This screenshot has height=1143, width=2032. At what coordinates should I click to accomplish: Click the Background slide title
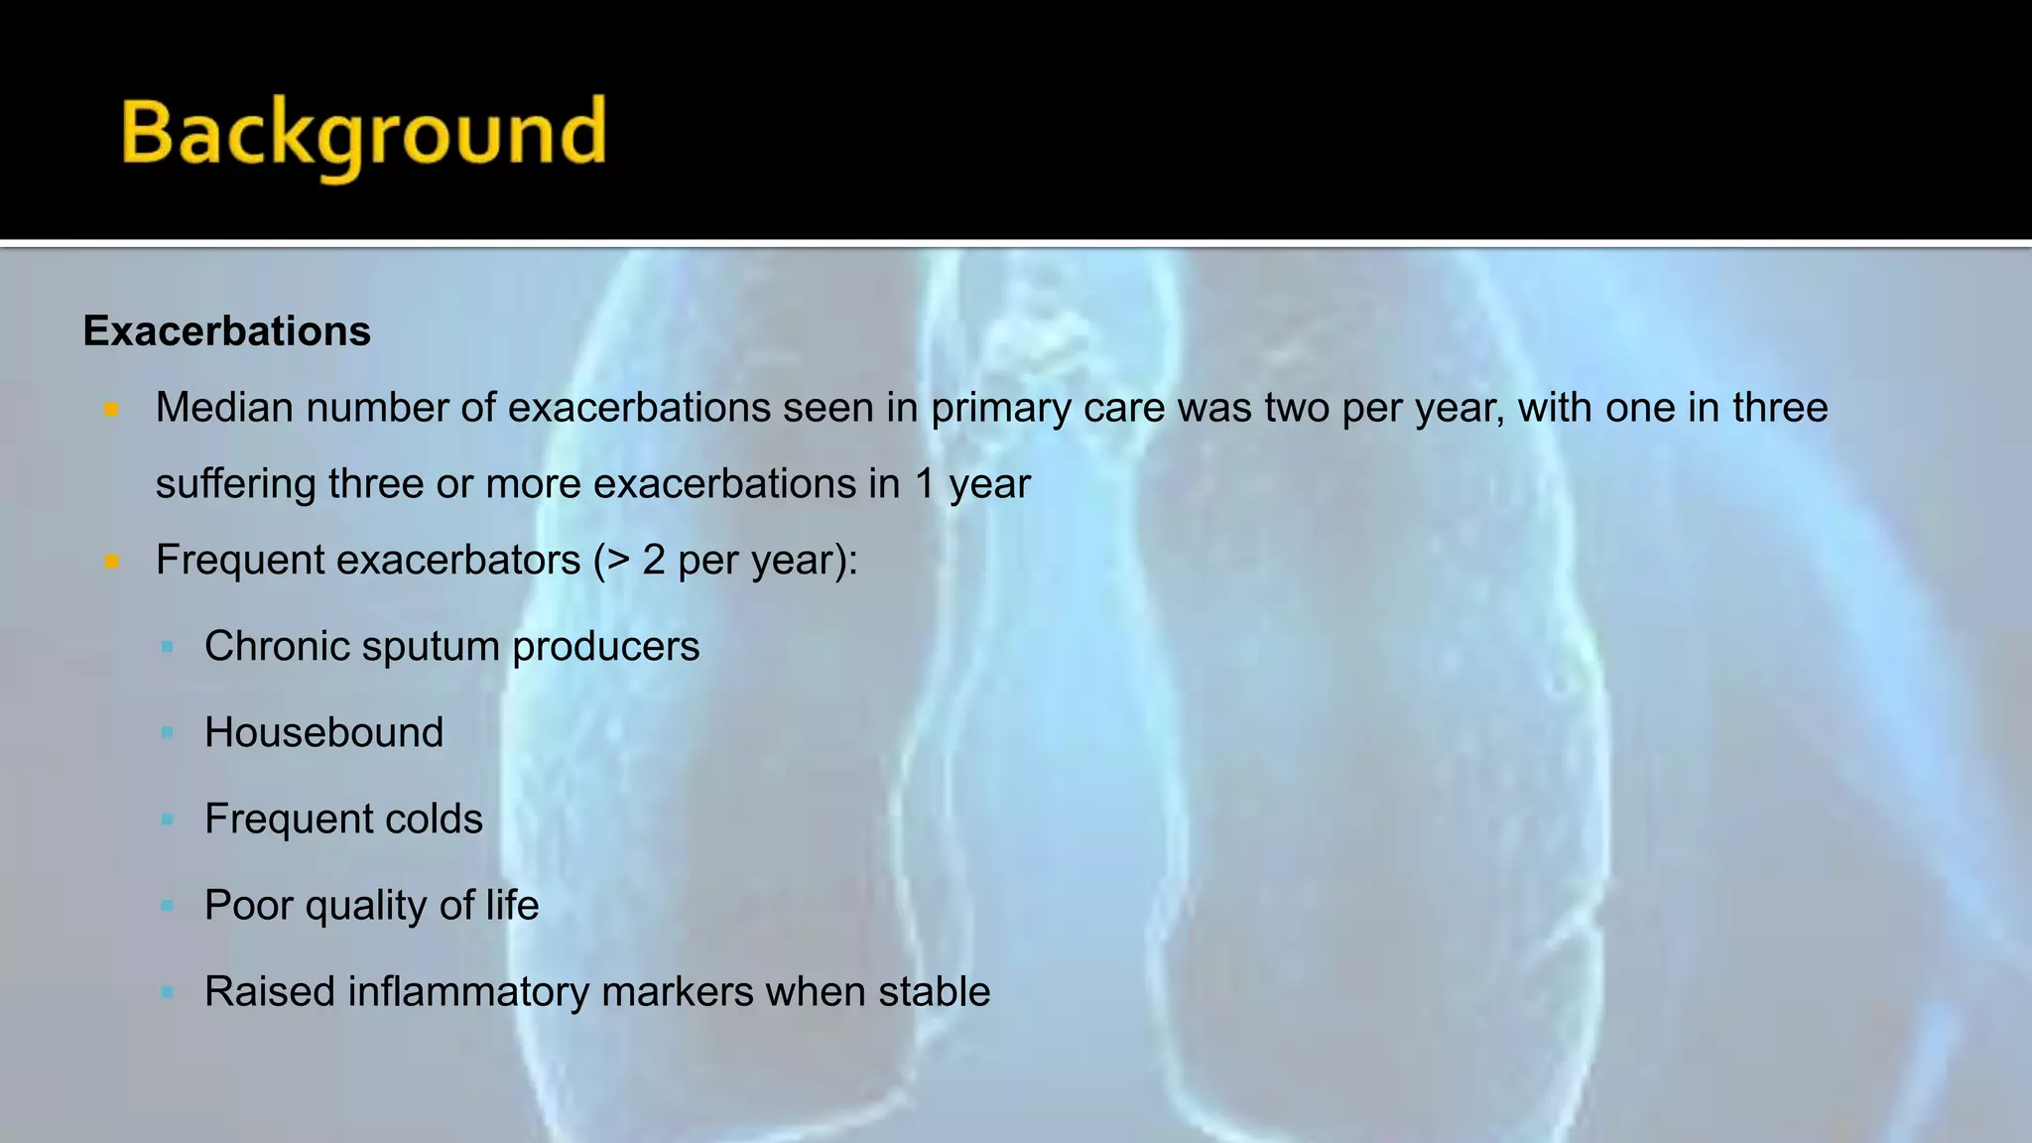(363, 134)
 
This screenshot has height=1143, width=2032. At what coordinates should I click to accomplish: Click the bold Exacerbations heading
(226, 331)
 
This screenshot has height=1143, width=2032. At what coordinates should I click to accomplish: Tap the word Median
(224, 408)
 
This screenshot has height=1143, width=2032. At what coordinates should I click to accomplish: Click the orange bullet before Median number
(111, 409)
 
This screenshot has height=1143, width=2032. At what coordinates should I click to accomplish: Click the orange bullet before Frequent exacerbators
(111, 562)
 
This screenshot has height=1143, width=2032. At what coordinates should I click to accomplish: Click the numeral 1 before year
(924, 484)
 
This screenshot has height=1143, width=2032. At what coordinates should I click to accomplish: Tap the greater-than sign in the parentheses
(618, 561)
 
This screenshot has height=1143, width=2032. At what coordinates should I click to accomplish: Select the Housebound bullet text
(323, 732)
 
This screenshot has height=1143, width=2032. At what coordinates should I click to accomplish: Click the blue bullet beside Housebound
(167, 733)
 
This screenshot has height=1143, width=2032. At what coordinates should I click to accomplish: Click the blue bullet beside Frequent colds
(167, 820)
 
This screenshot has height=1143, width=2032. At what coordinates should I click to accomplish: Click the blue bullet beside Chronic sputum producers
(167, 647)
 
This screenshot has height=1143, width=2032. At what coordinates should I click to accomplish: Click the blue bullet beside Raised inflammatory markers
(167, 992)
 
